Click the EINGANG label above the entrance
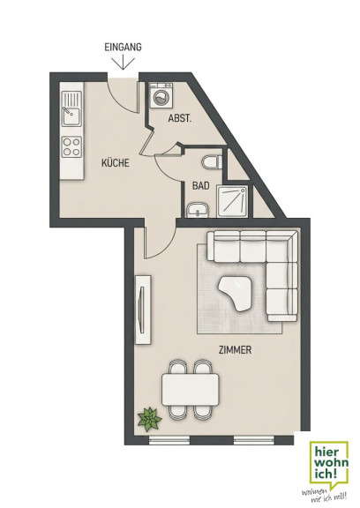[123, 47]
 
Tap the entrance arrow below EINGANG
[124, 63]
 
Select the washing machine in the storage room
[161, 95]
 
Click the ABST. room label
[180, 118]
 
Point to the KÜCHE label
[116, 162]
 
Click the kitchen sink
[71, 108]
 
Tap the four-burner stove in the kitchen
[71, 146]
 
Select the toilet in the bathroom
[212, 161]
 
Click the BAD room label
[200, 186]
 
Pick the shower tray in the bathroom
[232, 201]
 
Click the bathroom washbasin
[198, 210]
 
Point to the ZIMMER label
[236, 350]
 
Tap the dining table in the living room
[191, 390]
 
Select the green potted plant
[149, 419]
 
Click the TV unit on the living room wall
[143, 310]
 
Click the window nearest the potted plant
[169, 439]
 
